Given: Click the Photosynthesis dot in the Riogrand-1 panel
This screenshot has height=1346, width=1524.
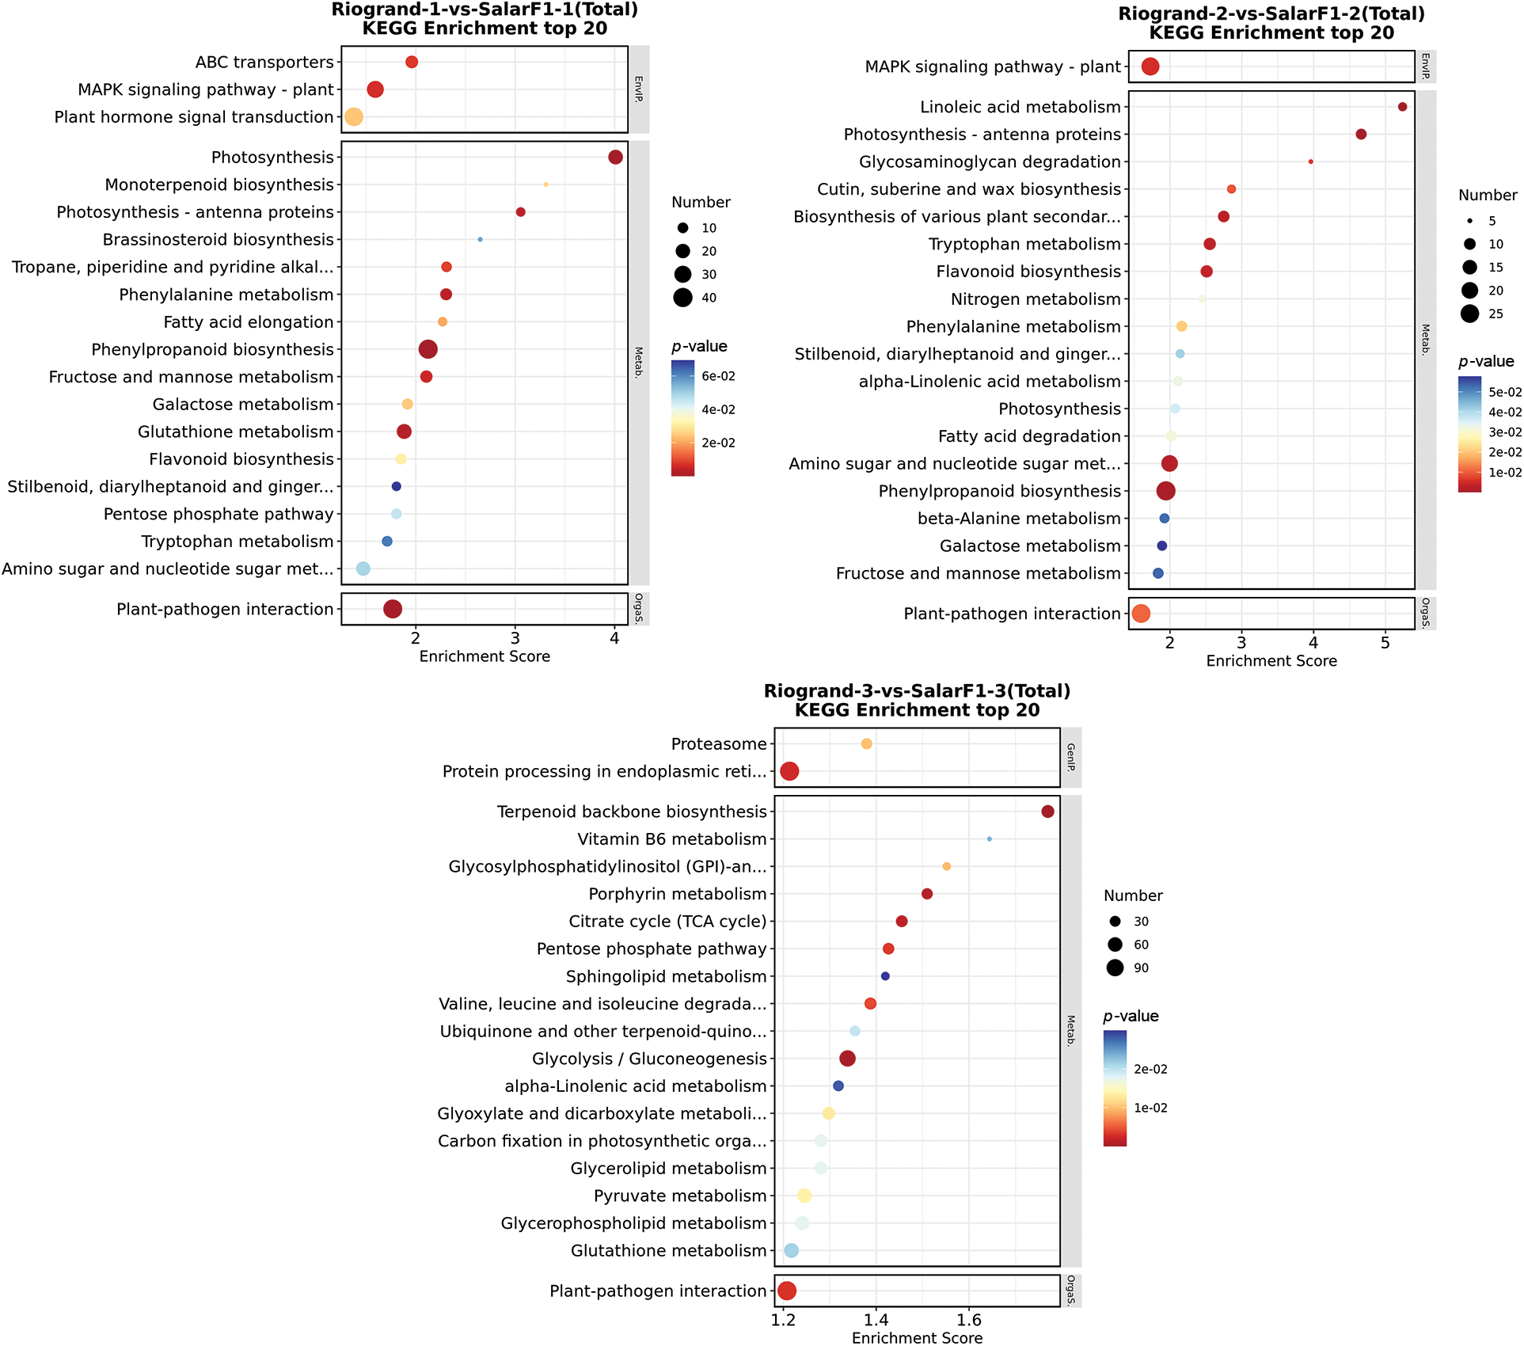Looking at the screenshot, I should click(x=615, y=158).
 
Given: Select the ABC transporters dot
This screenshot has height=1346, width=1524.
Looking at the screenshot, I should click(x=412, y=63).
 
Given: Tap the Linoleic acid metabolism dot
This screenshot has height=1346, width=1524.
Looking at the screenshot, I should click(x=1402, y=107).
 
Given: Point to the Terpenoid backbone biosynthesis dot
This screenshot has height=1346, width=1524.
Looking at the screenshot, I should click(x=1047, y=812).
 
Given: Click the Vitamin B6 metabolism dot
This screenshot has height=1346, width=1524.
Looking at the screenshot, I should click(x=989, y=839).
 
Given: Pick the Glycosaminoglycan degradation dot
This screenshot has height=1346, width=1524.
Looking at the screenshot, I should click(x=1311, y=162).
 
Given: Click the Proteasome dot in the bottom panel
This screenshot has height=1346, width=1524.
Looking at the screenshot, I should click(x=866, y=744).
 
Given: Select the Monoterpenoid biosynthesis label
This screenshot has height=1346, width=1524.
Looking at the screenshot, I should click(x=219, y=185).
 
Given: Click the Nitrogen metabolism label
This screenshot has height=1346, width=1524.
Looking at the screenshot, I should click(x=1036, y=299).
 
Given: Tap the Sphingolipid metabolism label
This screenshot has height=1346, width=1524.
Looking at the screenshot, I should click(x=666, y=977).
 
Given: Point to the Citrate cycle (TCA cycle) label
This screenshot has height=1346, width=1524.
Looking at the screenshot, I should click(x=667, y=922).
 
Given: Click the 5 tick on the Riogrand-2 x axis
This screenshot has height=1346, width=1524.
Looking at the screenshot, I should click(x=1385, y=643).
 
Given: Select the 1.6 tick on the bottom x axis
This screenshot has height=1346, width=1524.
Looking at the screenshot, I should click(x=968, y=1320).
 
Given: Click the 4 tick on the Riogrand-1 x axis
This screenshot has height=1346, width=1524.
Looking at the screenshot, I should click(x=614, y=638).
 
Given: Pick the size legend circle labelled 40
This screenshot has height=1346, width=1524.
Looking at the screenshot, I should click(x=682, y=298).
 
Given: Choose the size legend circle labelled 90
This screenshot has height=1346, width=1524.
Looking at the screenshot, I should click(x=1115, y=968).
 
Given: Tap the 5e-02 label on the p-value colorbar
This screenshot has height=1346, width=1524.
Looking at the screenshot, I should click(x=1505, y=392).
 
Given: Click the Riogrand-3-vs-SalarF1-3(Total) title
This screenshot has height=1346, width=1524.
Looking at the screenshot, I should click(x=917, y=691).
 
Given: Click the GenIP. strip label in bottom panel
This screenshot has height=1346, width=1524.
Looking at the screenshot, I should click(x=1070, y=757).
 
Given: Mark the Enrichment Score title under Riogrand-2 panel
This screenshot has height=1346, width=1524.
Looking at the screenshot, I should click(x=1271, y=661).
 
